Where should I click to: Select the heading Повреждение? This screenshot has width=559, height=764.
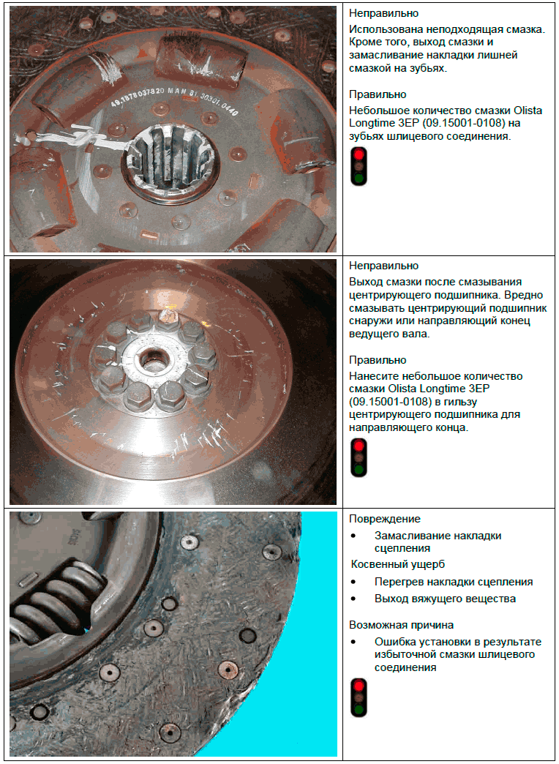click(385, 519)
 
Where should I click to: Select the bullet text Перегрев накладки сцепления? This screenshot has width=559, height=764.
click(454, 583)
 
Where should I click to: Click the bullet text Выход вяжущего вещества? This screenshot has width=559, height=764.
click(445, 599)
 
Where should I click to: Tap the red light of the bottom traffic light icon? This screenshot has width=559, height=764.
click(359, 686)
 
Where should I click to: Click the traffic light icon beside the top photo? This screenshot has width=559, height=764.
click(359, 166)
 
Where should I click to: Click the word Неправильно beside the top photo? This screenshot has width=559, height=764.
click(384, 13)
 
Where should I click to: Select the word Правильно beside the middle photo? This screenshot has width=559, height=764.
click(378, 360)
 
